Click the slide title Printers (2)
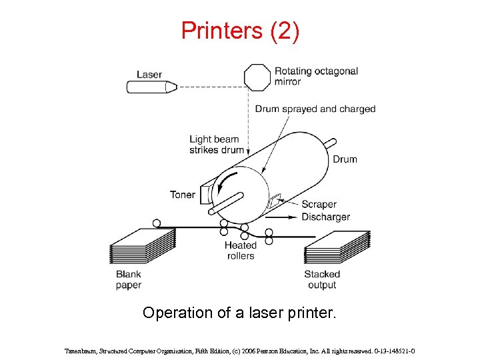click(240, 31)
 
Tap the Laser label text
click(149, 74)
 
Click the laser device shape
click(151, 87)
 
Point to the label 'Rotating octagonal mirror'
click(316, 76)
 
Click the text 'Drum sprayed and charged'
click(315, 109)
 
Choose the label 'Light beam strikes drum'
click(217, 145)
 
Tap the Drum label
click(345, 159)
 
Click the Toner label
click(183, 195)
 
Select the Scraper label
click(319, 205)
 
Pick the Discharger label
click(325, 217)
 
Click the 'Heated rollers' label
click(240, 251)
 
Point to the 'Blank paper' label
click(129, 280)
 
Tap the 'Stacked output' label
click(322, 280)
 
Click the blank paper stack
click(141, 247)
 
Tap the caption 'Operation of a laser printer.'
click(240, 313)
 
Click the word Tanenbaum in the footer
click(83, 350)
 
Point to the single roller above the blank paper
click(157, 223)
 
